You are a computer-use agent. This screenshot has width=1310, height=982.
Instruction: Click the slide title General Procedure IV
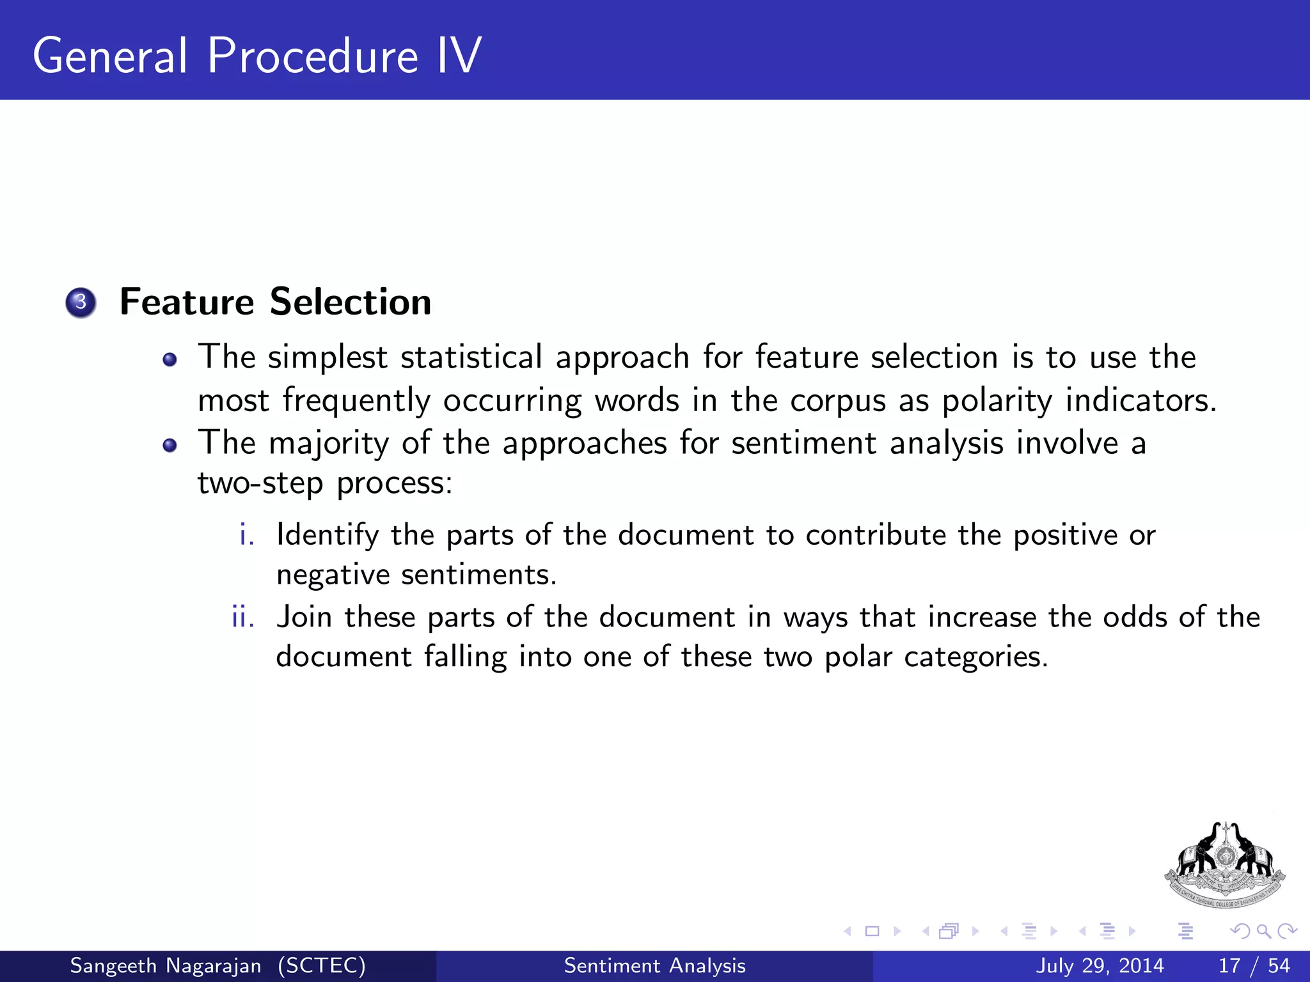256,56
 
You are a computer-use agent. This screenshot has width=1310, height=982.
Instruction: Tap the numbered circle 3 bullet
81,302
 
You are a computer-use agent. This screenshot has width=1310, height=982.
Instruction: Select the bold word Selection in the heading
351,302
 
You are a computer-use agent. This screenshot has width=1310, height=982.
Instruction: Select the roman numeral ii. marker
243,618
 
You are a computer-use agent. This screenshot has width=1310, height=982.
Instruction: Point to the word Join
304,618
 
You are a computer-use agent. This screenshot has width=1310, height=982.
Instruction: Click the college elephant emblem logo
1224,864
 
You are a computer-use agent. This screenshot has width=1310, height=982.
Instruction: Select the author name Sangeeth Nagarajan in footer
166,965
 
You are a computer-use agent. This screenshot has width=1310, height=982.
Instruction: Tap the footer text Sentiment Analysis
654,965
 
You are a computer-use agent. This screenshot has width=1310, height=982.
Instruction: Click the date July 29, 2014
1100,965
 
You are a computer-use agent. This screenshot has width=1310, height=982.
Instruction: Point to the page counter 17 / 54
1254,965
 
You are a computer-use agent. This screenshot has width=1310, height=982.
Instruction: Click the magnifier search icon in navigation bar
1263,931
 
